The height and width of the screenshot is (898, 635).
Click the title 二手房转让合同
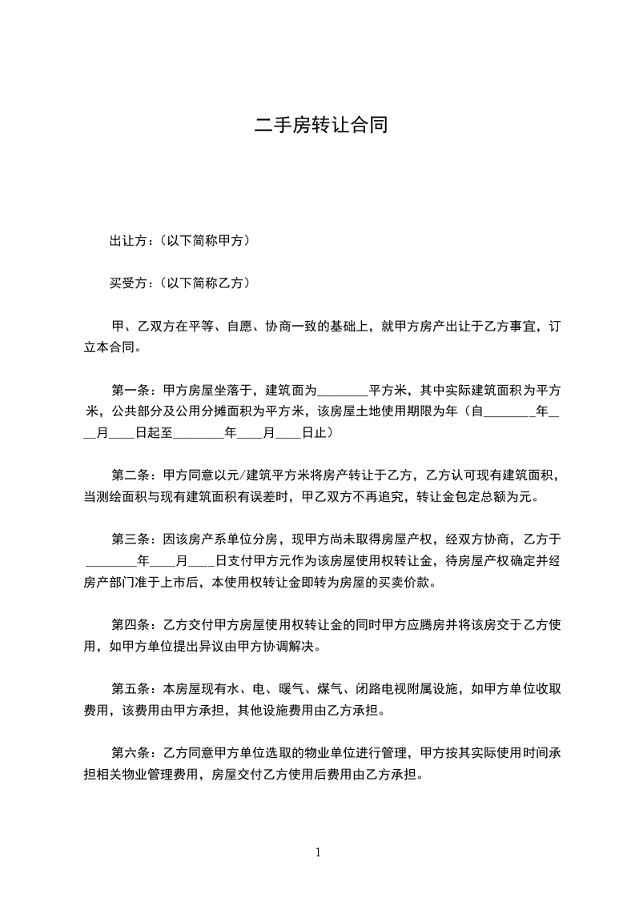tap(320, 125)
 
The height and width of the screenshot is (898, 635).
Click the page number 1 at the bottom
tap(318, 852)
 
